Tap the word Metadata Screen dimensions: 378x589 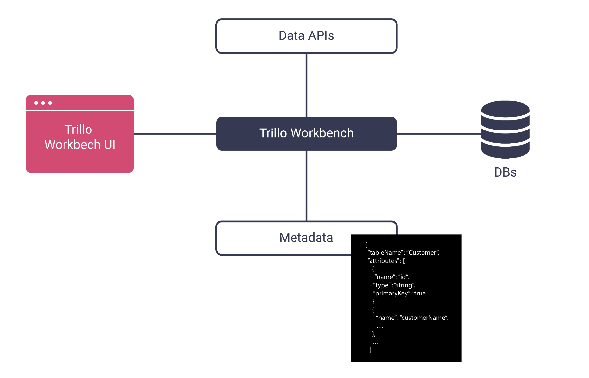[x=306, y=238]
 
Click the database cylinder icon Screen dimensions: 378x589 [x=505, y=130]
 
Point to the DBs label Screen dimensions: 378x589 [x=505, y=172]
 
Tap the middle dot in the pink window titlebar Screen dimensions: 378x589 [x=43, y=103]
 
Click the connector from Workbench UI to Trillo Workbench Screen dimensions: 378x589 [x=174, y=134]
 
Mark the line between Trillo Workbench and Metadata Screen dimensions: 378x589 [x=306, y=185]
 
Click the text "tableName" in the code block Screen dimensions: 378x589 [x=385, y=253]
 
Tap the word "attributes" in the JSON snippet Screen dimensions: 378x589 [x=383, y=261]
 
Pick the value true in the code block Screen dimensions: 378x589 [x=420, y=294]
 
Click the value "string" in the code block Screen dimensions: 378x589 [x=404, y=285]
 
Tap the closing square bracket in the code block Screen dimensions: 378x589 [x=370, y=350]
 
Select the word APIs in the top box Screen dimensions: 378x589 [x=321, y=36]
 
